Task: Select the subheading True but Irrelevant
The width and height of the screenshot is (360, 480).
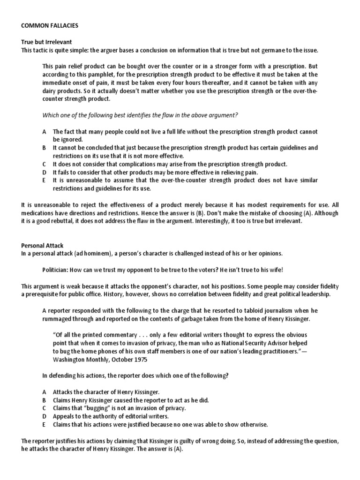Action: coord(46,42)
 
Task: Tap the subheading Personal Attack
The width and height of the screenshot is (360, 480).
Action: coord(43,245)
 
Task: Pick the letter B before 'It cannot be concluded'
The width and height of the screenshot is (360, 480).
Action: coord(44,148)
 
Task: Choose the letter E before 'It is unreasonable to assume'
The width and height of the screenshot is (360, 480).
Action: coord(44,180)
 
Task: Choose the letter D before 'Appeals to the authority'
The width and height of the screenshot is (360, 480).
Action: coord(44,416)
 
